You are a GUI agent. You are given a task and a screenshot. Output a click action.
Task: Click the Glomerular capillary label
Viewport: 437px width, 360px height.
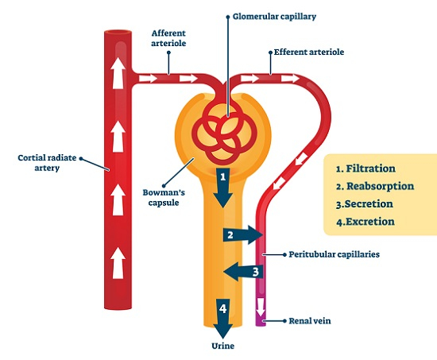274,17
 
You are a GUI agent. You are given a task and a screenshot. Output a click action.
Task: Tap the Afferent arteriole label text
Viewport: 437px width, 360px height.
168,38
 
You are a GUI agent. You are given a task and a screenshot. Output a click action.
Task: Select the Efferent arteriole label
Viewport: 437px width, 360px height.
309,52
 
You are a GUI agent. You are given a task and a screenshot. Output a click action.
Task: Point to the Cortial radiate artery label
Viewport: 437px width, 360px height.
47,163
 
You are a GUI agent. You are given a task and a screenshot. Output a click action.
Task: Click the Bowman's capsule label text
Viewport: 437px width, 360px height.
164,197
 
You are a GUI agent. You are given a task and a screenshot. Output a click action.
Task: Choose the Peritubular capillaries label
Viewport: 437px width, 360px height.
335,254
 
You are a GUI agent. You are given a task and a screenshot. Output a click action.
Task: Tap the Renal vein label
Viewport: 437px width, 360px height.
310,321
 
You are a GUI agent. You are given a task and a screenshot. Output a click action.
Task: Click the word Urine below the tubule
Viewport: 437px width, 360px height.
223,346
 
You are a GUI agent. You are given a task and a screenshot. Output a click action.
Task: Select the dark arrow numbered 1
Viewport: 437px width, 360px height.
223,188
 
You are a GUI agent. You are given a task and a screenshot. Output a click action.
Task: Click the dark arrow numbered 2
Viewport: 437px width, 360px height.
242,234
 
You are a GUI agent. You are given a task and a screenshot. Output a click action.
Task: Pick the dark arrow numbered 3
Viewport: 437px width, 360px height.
243,271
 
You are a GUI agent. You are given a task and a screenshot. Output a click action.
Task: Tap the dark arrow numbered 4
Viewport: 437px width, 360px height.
223,319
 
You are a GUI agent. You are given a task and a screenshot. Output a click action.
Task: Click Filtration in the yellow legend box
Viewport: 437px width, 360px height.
370,168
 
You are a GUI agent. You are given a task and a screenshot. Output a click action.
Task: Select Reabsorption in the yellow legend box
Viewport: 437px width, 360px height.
380,186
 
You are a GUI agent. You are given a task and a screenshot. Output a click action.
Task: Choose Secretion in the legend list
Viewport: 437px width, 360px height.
369,204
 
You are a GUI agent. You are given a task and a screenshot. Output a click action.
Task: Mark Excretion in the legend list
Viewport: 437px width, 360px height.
369,222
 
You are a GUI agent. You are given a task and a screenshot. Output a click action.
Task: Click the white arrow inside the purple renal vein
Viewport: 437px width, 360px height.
261,307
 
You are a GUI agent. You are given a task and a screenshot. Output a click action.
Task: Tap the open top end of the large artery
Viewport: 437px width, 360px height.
118,33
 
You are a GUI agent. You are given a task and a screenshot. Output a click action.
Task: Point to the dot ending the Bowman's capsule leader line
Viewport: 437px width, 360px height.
164,185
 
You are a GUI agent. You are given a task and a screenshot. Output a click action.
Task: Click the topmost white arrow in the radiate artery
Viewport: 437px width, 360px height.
118,73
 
